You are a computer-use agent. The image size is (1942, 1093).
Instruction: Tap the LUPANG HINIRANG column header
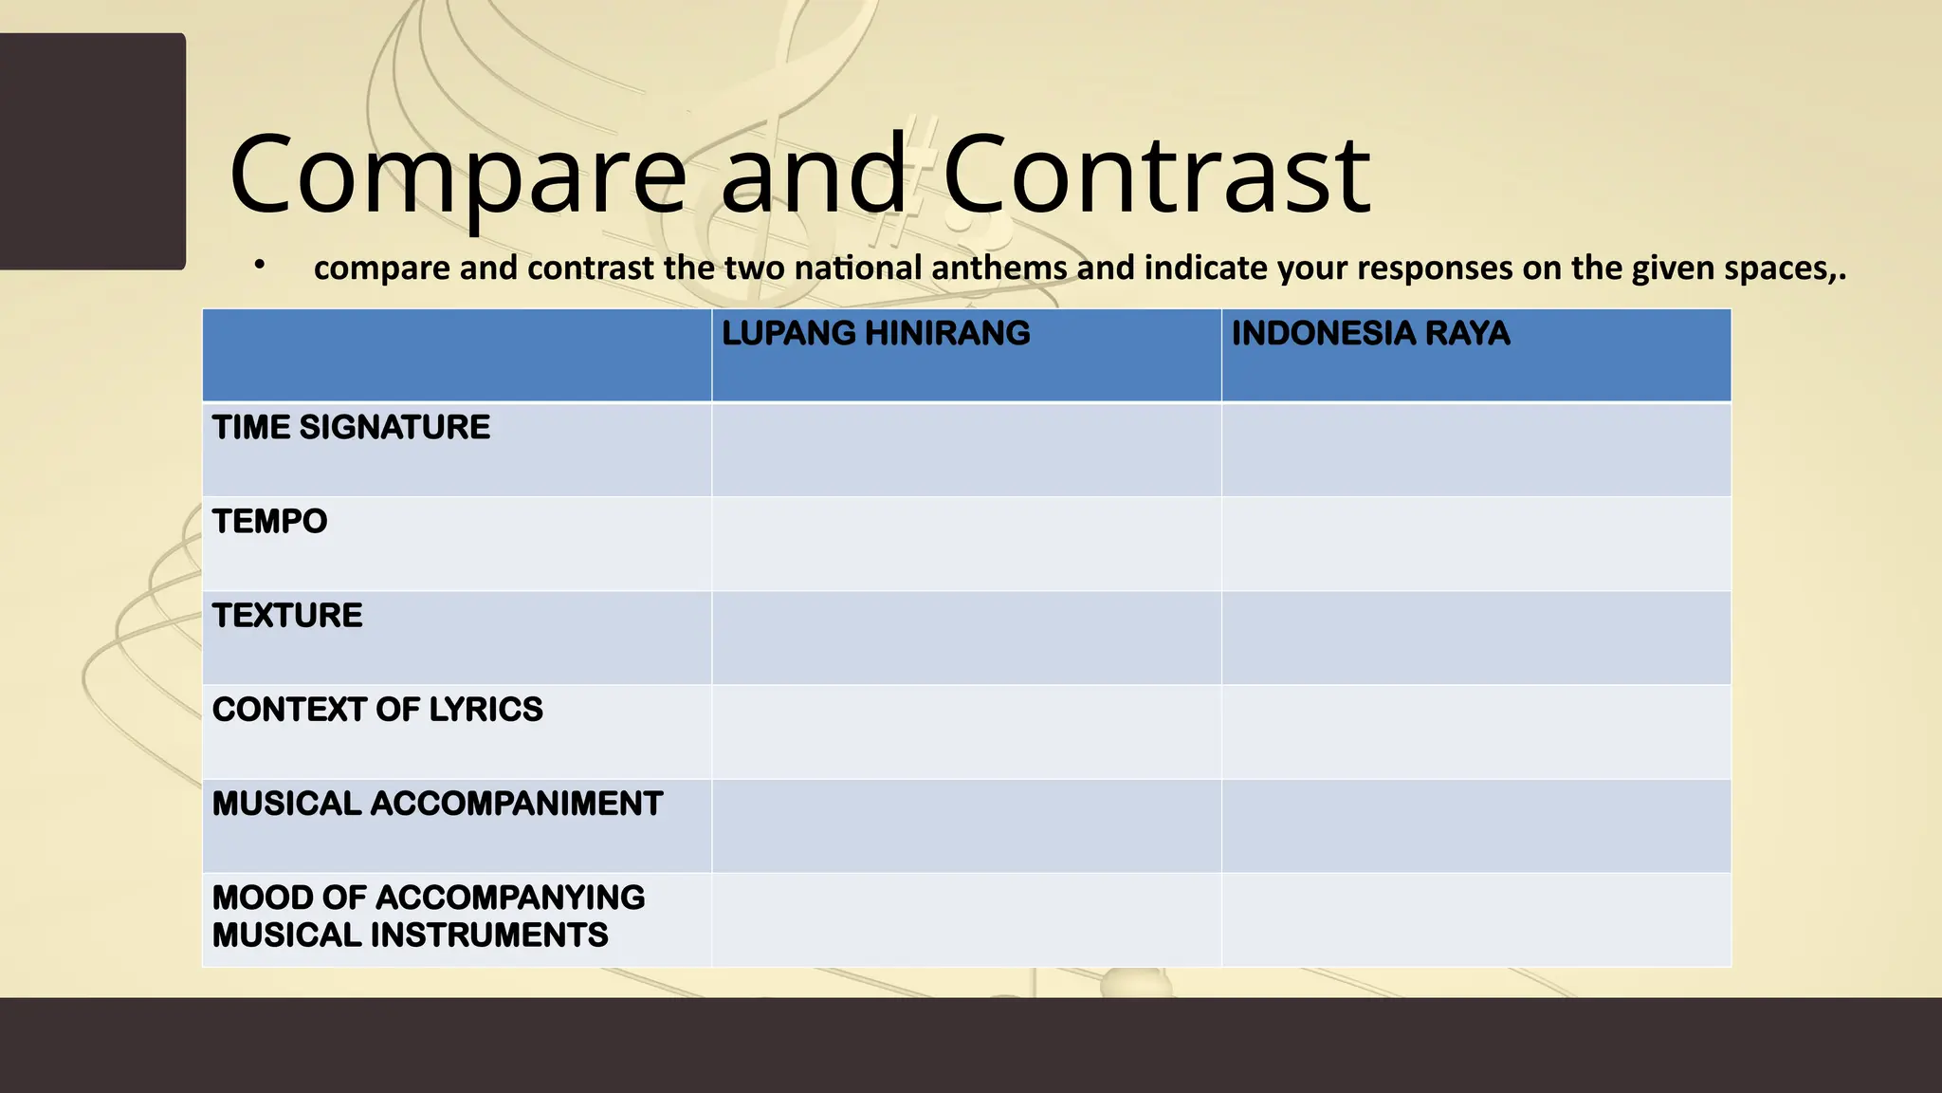[875, 334]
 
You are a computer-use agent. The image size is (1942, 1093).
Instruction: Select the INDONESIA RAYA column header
[1370, 334]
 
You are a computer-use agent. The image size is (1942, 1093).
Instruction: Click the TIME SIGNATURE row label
[351, 428]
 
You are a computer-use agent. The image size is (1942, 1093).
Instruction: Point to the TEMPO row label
[269, 522]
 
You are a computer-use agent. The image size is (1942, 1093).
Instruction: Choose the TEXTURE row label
[287, 616]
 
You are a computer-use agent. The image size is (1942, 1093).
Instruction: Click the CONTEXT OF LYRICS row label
[377, 710]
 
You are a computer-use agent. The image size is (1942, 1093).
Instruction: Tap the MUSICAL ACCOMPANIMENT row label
[437, 804]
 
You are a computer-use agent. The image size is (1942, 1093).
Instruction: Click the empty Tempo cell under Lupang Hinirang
[965, 544]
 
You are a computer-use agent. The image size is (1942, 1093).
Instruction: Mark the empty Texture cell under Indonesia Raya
[1475, 638]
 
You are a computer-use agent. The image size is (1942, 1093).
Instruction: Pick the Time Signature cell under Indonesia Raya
[1475, 450]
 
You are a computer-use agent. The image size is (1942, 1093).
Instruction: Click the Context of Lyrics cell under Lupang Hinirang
[965, 732]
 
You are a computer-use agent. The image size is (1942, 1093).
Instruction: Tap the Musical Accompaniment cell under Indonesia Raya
[1475, 825]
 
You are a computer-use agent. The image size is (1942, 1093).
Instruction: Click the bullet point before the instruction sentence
[259, 267]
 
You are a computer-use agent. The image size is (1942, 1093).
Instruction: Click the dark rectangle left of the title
[92, 152]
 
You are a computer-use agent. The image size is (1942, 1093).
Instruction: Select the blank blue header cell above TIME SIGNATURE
[456, 355]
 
